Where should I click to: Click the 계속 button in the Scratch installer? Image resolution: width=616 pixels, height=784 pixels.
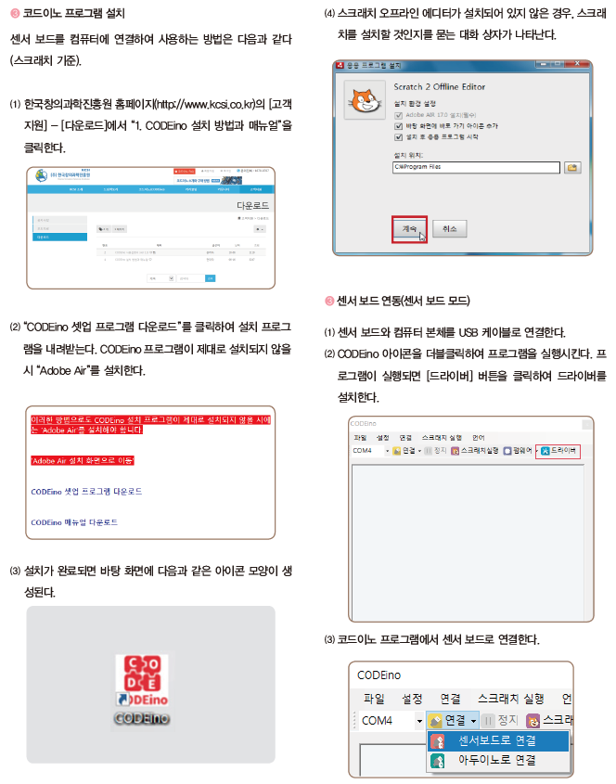[409, 228]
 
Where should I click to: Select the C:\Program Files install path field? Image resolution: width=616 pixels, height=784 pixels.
[476, 167]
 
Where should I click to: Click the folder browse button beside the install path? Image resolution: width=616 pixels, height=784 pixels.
[573, 167]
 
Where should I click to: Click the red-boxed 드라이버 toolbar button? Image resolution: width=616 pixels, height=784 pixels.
[559, 450]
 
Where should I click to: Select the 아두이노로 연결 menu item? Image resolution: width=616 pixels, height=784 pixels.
[496, 760]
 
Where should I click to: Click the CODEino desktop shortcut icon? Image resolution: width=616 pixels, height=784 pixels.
[142, 687]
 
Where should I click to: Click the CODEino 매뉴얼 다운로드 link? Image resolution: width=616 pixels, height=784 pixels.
[74, 522]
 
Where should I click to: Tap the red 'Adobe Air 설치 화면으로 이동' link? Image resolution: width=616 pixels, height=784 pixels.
[82, 460]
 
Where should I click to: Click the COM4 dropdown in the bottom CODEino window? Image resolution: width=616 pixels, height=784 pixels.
[391, 720]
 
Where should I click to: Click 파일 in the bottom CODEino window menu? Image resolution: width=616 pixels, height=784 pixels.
[374, 699]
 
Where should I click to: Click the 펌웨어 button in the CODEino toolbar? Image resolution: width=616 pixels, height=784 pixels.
[518, 450]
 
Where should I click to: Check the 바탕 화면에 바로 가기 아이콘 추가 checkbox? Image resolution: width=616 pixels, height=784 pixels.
[398, 124]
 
